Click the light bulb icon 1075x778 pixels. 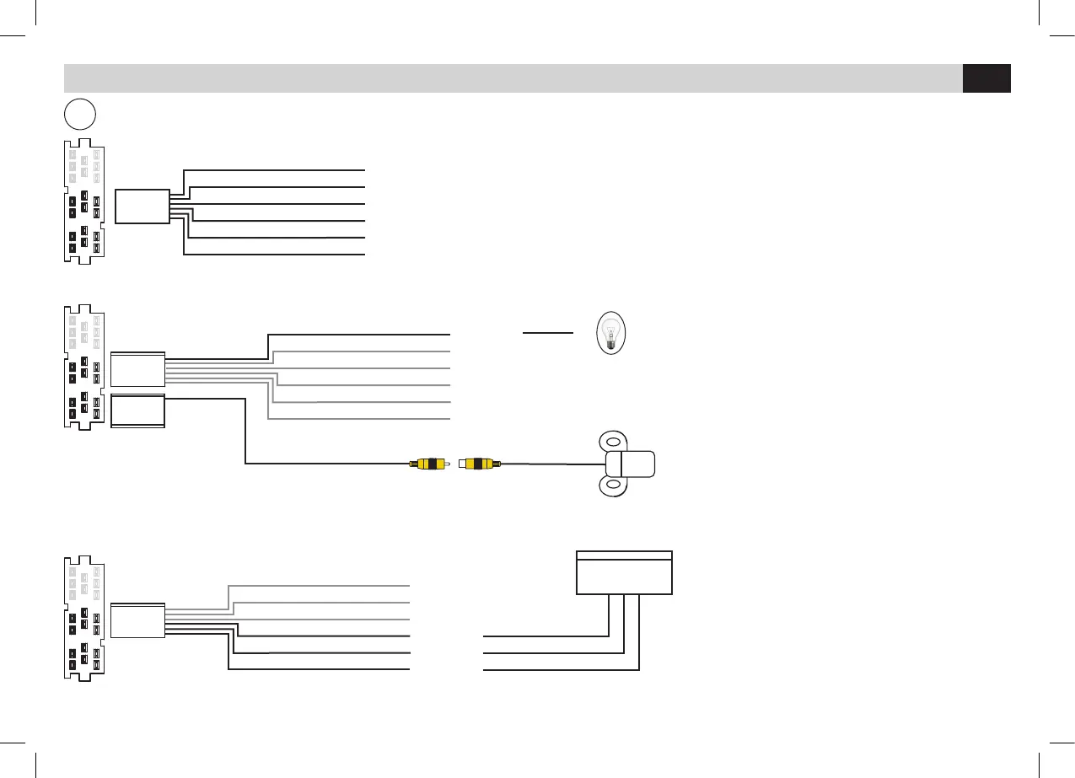click(612, 333)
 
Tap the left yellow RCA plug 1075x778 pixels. click(430, 464)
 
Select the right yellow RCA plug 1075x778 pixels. click(479, 464)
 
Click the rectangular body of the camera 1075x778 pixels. click(631, 464)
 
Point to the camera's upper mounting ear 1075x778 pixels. click(613, 441)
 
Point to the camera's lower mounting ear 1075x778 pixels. click(613, 486)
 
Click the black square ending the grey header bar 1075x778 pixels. click(986, 78)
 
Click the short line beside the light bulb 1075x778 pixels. click(548, 333)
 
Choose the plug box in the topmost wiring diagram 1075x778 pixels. click(142, 206)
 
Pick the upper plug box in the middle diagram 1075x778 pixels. click(137, 369)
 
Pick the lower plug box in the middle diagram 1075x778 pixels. click(137, 411)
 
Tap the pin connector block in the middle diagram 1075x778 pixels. click(84, 368)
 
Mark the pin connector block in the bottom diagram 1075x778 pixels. click(84, 618)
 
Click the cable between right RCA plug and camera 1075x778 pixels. click(552, 463)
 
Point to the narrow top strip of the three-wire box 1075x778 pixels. click(624, 555)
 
